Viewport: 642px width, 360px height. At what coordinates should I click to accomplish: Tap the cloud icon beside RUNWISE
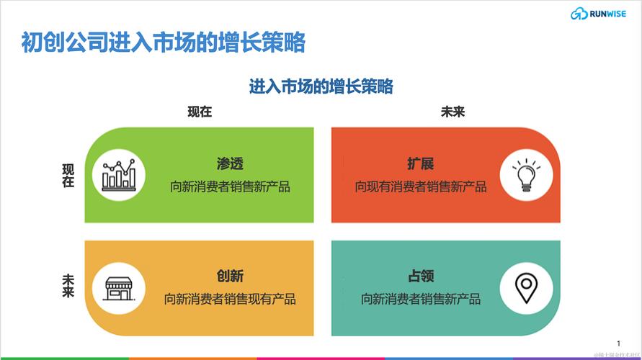[579, 14]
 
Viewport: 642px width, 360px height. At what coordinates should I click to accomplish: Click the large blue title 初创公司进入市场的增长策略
[163, 42]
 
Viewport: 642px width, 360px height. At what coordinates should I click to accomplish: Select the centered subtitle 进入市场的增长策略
[321, 86]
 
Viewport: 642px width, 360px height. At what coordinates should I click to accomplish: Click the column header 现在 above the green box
[200, 112]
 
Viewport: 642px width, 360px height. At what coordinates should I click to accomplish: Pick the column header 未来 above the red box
[452, 112]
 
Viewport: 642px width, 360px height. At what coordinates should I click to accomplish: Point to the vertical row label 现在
[68, 176]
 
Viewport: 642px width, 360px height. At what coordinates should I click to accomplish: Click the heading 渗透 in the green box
[230, 164]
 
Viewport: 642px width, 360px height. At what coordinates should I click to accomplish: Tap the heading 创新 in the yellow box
[230, 276]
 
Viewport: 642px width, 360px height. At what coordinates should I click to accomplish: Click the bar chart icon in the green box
[119, 175]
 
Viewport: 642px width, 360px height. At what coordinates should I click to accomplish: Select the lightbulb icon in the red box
[526, 175]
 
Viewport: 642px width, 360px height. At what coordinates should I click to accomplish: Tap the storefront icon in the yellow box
[119, 287]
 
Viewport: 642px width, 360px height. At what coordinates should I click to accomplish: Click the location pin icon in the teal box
[526, 287]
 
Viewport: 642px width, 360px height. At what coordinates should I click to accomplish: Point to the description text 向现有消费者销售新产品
[420, 187]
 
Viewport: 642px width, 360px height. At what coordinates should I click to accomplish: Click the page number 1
[618, 343]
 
